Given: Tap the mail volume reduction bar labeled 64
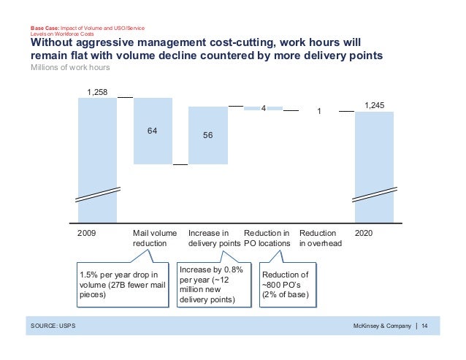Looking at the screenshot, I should click(153, 131).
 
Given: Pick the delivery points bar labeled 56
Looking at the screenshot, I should click(207, 137).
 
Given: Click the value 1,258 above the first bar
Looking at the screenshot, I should click(97, 91).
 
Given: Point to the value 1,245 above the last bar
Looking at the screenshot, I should click(374, 105).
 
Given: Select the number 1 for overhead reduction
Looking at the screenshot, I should click(318, 112).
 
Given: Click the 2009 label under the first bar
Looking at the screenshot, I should click(86, 233).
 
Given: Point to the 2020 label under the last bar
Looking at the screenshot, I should click(364, 233).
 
